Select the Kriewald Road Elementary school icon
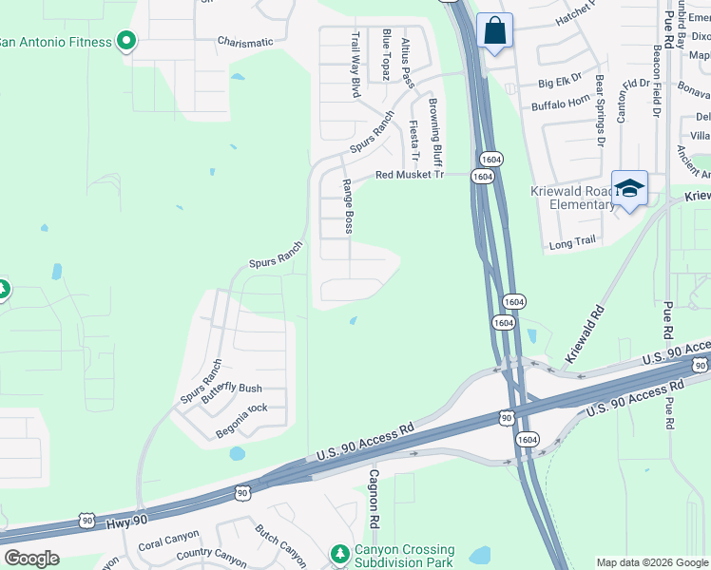coord(629,188)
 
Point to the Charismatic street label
coord(244,42)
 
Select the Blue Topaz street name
coord(386,54)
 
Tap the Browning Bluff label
coord(435,128)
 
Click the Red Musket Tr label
coord(410,175)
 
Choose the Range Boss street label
coord(349,206)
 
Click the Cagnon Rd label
coord(375,498)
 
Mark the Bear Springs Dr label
coord(600,112)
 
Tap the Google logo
coord(31,559)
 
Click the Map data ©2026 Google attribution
coord(651,562)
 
